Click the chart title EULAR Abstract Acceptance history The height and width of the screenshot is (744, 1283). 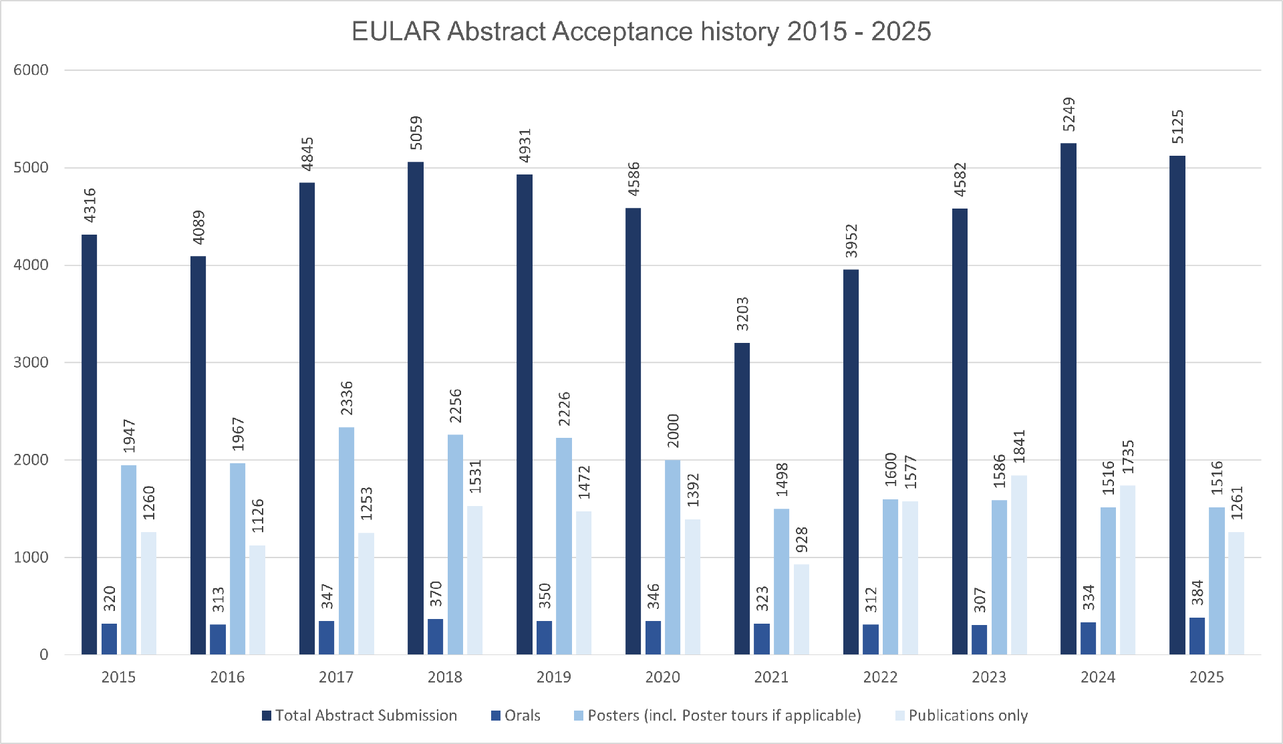pos(641,31)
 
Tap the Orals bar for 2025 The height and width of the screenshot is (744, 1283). pos(1197,636)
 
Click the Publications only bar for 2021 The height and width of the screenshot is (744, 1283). pos(801,609)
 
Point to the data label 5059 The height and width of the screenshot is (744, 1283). pos(416,133)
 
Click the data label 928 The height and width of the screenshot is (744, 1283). pos(801,540)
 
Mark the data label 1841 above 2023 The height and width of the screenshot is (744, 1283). pos(1019,447)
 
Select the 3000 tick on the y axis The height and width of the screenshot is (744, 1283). pos(31,362)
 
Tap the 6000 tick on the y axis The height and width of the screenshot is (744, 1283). pos(31,70)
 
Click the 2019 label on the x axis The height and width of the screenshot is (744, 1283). pos(553,677)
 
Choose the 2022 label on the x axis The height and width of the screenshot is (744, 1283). pos(879,677)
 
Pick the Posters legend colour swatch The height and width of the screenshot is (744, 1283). pos(579,715)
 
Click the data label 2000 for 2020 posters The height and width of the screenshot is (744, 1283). pos(673,430)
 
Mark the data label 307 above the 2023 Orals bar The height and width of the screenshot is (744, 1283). pos(980,600)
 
